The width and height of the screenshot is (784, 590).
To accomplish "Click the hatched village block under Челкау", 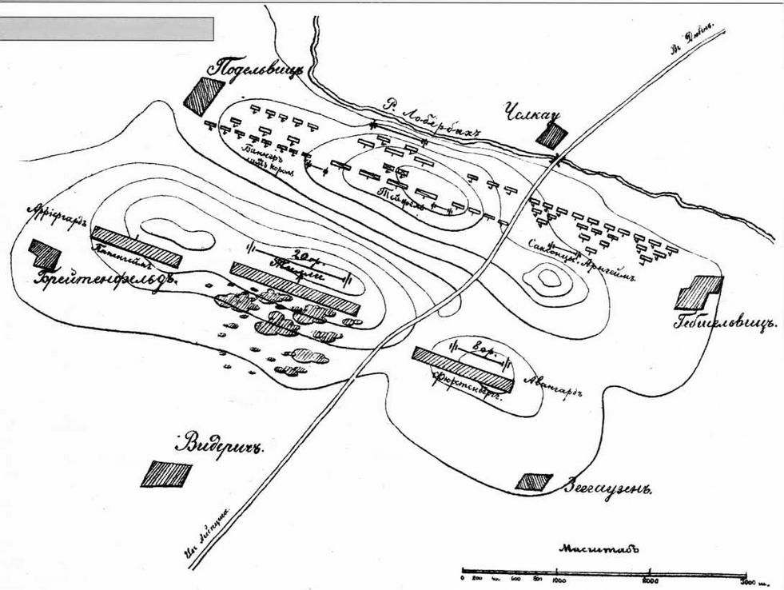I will (551, 135).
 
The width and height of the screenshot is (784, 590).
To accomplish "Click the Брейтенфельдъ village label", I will (104, 278).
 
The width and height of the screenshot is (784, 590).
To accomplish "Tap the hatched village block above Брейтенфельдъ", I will (45, 253).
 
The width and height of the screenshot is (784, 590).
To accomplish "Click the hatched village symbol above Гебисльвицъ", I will (698, 292).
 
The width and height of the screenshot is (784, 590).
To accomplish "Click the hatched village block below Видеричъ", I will (166, 474).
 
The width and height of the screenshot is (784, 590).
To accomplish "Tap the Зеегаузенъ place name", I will (605, 487).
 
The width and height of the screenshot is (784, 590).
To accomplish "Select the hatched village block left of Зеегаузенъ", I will (533, 481).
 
